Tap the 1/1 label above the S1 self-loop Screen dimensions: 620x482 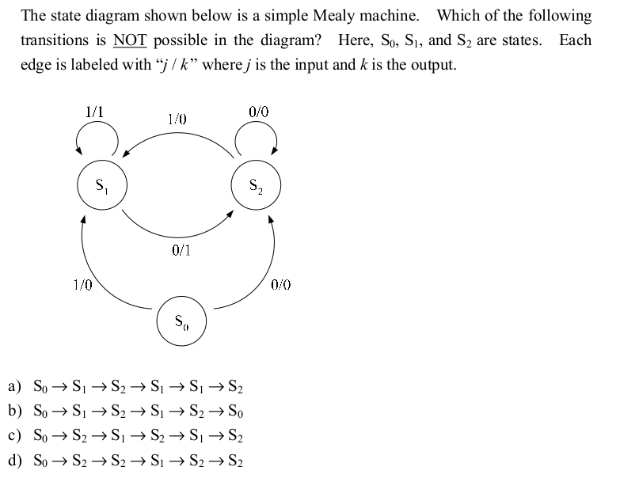pos(94,112)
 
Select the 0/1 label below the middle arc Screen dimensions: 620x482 pos(181,250)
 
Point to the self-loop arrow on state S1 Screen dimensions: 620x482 pos(97,122)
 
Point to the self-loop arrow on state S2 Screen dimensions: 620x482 pos(257,122)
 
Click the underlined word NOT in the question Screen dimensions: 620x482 pos(130,40)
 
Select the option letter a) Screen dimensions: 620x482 pos(14,386)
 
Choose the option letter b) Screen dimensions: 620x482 pos(14,411)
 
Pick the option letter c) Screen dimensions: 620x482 pos(14,435)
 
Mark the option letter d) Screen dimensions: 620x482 pos(14,460)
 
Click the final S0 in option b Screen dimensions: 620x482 pos(236,412)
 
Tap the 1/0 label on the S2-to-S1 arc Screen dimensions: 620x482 pos(177,119)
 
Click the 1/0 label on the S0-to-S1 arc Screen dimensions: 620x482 pos(82,284)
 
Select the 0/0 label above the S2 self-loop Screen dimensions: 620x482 pos(259,112)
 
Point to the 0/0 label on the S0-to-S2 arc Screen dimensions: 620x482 pos(281,284)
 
